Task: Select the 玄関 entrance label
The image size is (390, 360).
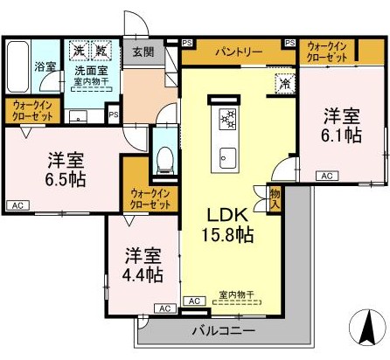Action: pos(144,52)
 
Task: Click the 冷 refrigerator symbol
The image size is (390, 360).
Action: pos(285,85)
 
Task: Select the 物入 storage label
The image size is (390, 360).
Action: pos(274,198)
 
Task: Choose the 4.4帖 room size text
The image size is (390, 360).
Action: pos(143,273)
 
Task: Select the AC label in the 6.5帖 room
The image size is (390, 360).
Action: pos(17,205)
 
